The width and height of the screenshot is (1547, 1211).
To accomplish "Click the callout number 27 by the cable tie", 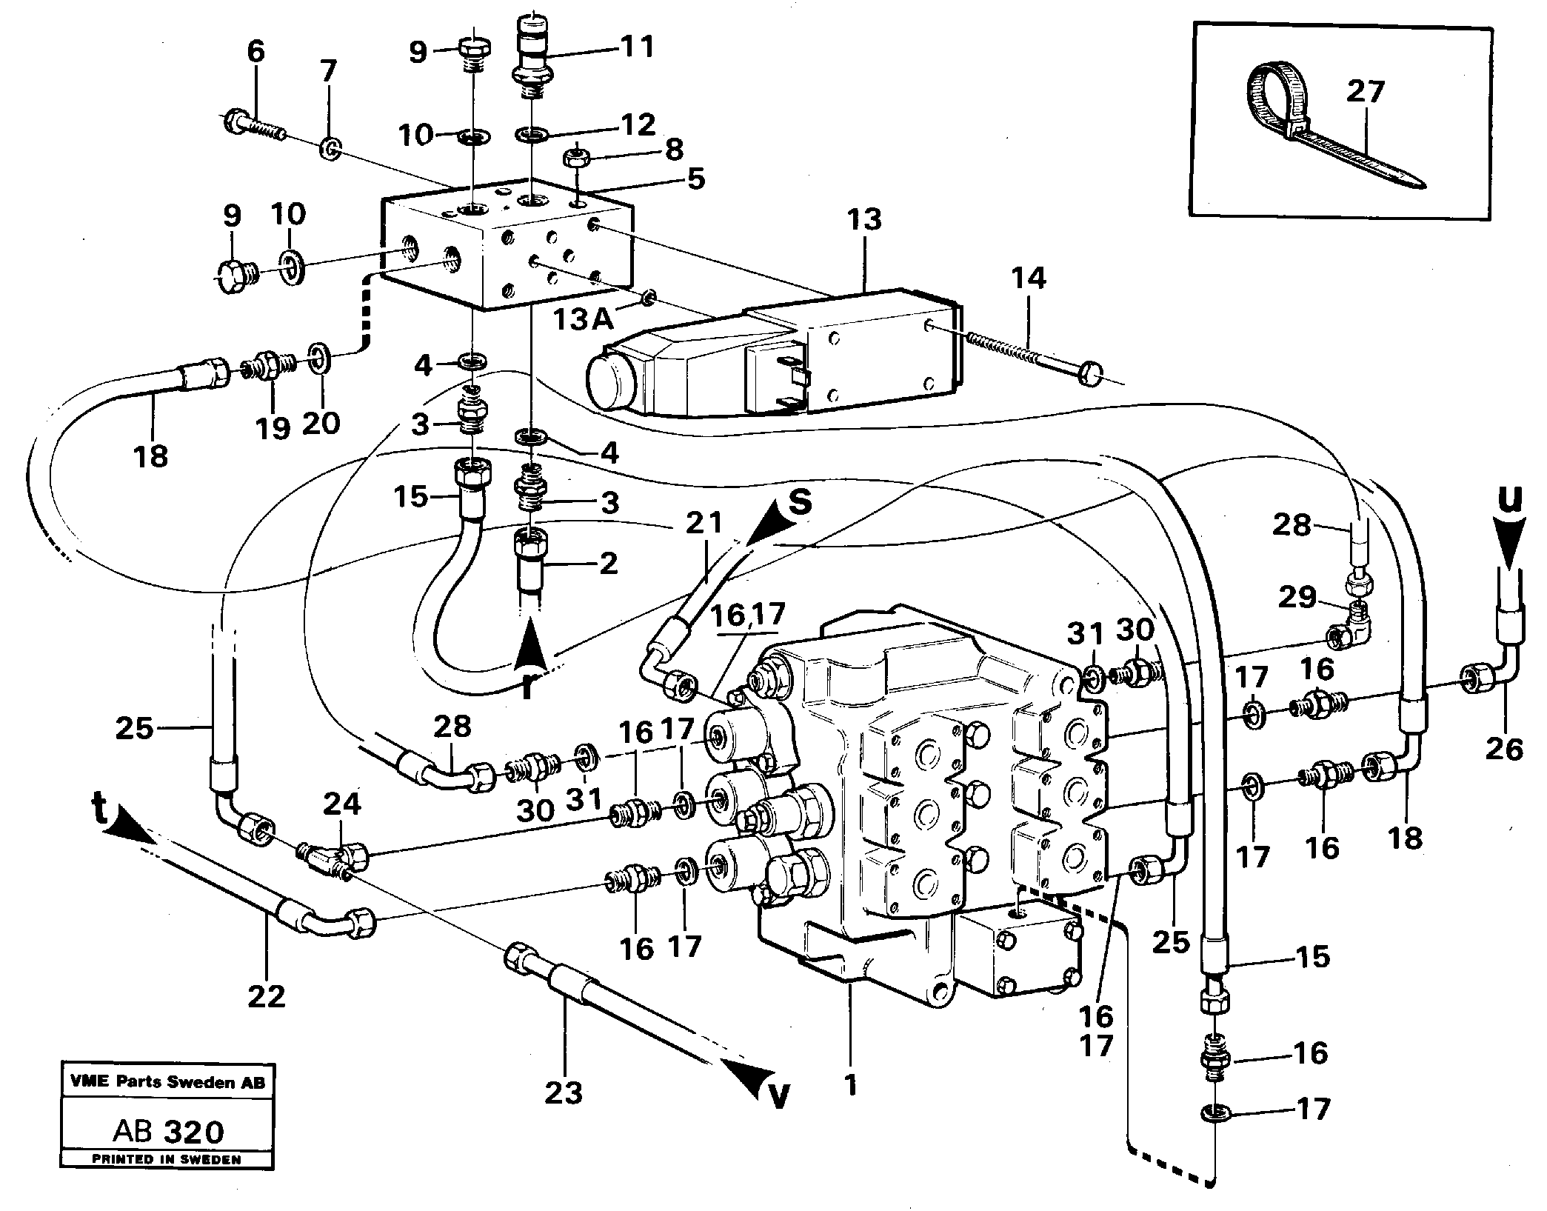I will (1366, 93).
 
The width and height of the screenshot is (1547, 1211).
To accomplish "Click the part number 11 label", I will (637, 47).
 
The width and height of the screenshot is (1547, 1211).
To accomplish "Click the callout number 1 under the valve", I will (851, 1086).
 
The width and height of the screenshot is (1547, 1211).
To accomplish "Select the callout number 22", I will (267, 996).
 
